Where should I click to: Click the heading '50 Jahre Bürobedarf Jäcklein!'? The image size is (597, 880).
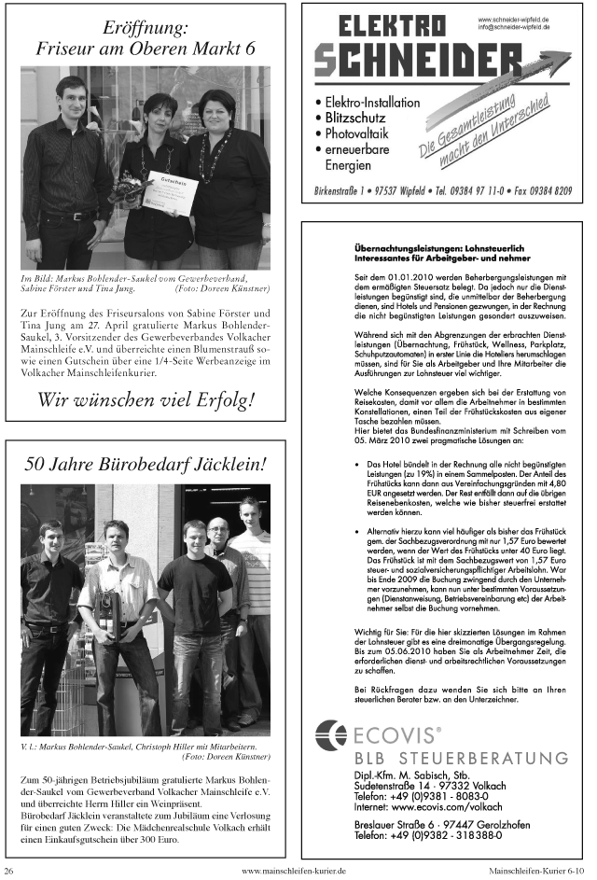tap(145, 463)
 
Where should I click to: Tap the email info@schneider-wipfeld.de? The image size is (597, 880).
tap(514, 27)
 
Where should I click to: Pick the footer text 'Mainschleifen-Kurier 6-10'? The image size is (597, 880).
tap(536, 871)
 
